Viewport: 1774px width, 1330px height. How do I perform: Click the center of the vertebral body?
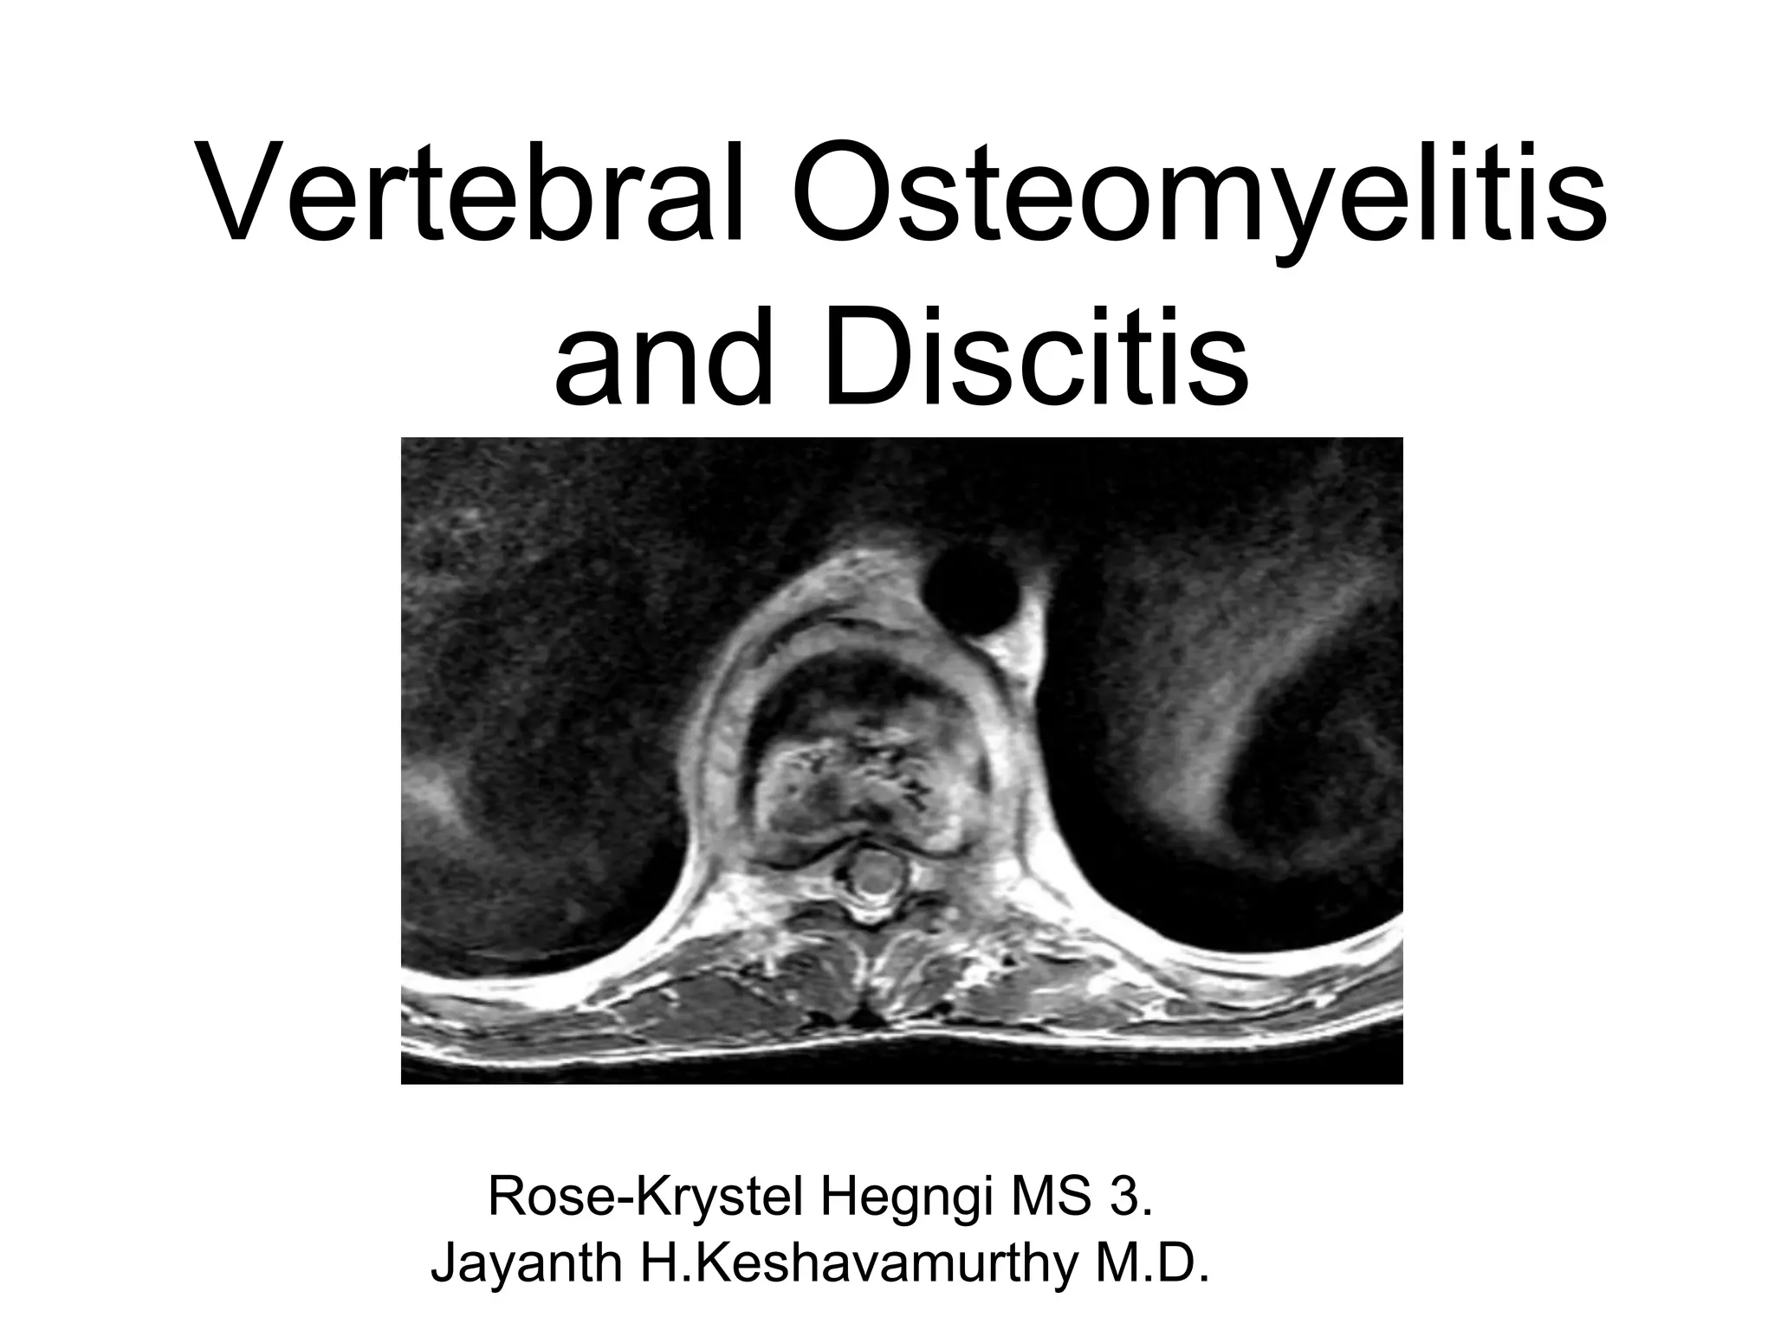tap(862, 762)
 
